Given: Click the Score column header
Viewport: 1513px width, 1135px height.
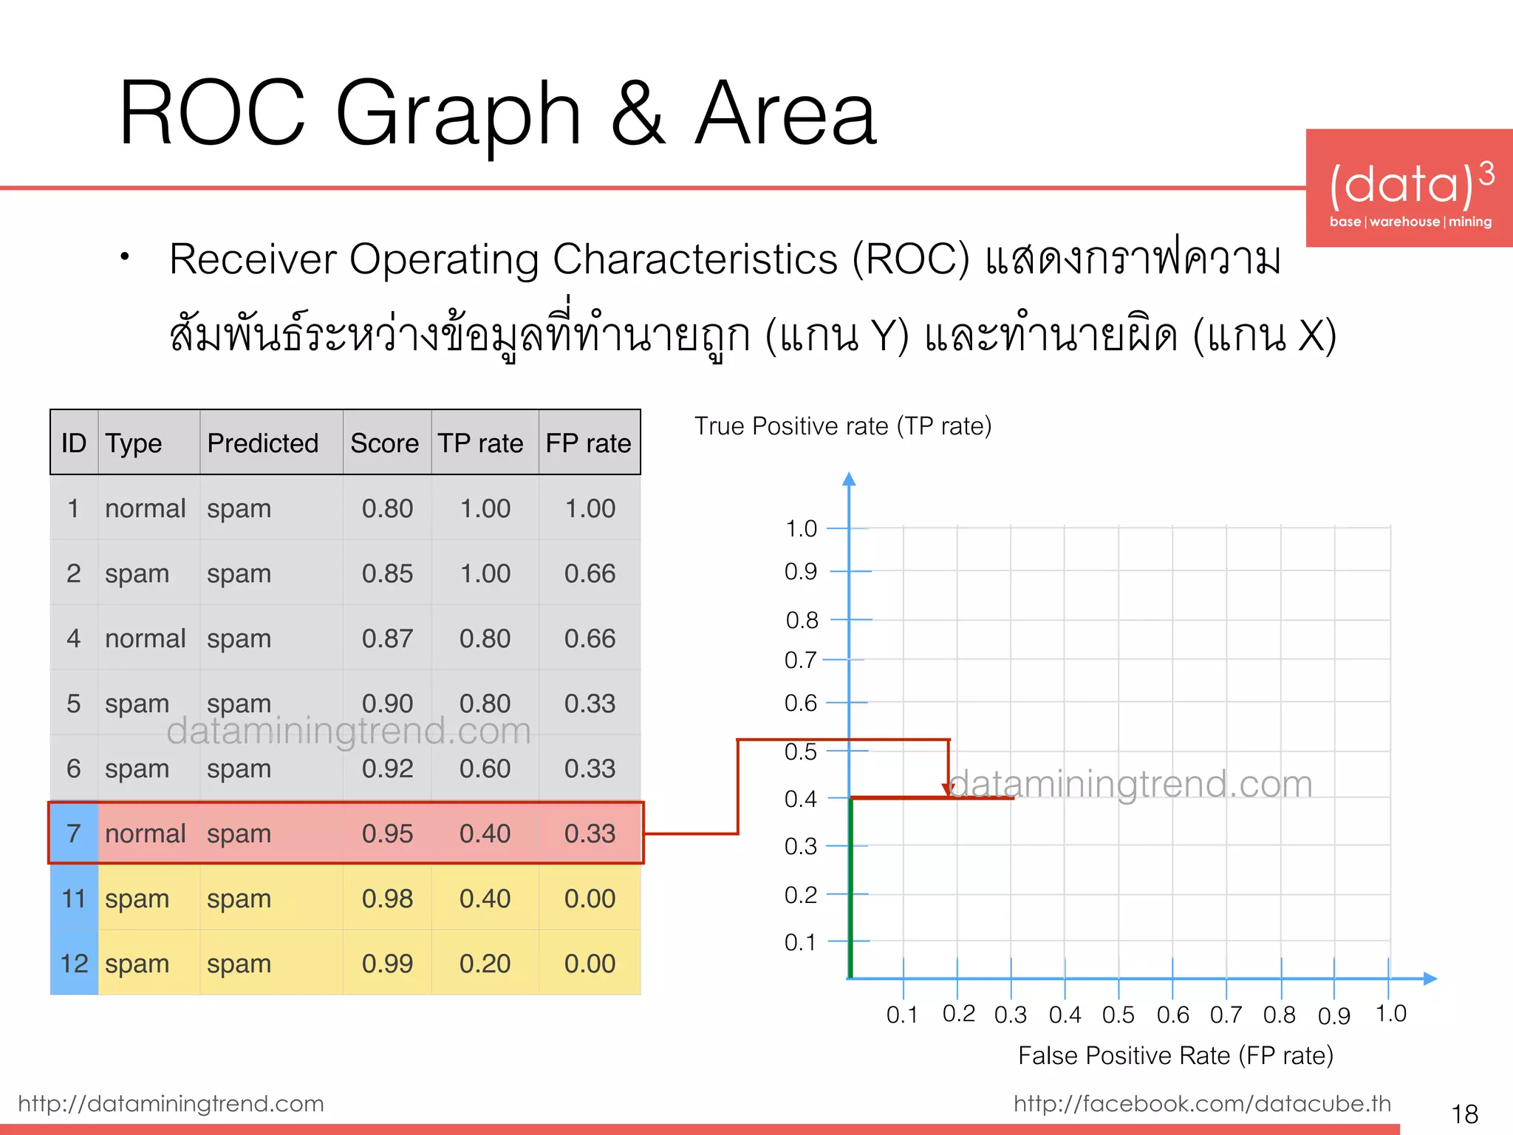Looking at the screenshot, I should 384,443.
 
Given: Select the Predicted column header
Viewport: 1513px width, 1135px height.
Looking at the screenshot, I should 262,443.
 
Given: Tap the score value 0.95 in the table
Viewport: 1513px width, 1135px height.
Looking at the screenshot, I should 387,834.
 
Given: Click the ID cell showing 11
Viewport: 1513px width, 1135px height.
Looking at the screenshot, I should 74,899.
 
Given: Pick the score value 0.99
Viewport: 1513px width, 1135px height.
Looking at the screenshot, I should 387,964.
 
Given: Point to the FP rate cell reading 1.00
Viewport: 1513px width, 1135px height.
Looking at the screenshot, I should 590,508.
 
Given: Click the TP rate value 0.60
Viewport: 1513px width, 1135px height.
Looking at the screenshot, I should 485,768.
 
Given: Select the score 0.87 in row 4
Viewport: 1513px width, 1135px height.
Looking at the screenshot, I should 387,638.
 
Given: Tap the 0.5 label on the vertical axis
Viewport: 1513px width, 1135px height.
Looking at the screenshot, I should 801,751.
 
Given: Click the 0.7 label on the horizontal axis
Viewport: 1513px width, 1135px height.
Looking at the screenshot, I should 1226,1015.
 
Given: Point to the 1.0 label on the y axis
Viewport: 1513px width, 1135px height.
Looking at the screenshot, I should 801,528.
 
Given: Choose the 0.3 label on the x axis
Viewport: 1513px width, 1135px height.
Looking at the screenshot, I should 1010,1015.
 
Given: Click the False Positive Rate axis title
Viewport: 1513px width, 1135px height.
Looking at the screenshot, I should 1175,1055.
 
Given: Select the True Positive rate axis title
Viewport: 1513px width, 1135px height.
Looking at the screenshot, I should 843,426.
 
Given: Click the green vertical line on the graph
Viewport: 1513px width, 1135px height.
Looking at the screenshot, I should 851,887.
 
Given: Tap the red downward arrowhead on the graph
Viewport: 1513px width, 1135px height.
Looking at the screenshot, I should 948,790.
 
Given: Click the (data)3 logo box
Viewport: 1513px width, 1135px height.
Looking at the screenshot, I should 1410,188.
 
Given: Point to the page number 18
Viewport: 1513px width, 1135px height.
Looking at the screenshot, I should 1464,1114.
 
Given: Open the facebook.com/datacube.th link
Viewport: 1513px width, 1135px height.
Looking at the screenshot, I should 1202,1103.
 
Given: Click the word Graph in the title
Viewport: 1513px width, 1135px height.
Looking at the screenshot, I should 458,115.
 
